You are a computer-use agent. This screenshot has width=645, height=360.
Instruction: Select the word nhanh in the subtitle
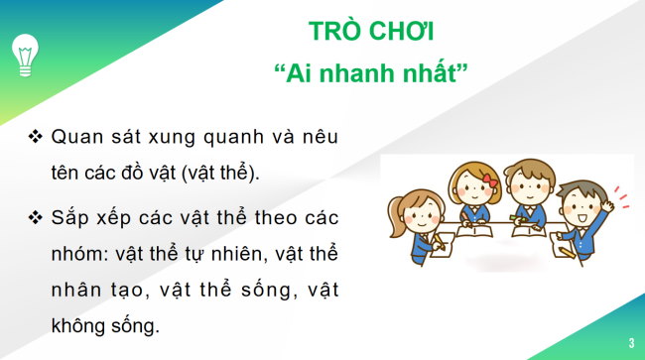tap(369, 75)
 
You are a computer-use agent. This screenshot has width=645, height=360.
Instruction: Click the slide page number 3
tap(630, 343)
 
